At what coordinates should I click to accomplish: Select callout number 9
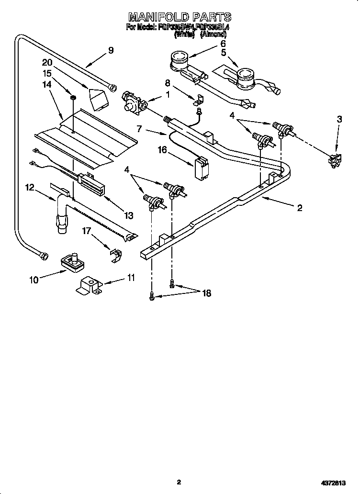(111, 50)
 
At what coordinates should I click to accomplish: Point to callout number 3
(339, 119)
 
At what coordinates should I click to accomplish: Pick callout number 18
(207, 293)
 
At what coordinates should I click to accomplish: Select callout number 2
(299, 207)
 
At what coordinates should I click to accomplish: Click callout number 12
(30, 188)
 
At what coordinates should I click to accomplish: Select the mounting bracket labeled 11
(88, 287)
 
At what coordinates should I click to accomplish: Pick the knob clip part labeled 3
(333, 161)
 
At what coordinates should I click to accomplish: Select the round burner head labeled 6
(180, 61)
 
